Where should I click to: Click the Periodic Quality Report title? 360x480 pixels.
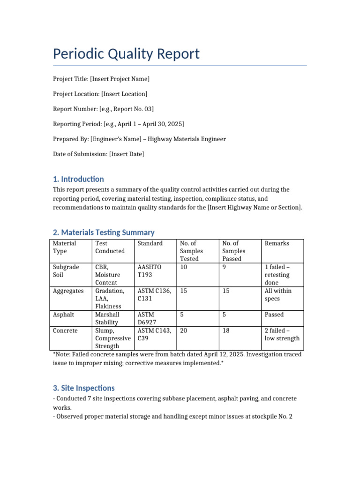[x=126, y=54]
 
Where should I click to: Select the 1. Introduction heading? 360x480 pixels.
[x=78, y=179]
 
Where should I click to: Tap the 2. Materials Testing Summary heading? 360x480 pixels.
[x=104, y=232]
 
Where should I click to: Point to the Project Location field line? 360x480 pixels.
[x=100, y=94]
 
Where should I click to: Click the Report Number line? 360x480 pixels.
[x=103, y=109]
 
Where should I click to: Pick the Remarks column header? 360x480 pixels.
[x=277, y=243]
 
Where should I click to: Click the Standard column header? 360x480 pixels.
[x=150, y=243]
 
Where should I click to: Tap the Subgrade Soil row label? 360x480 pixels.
[x=66, y=271]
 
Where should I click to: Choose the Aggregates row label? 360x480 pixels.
[x=68, y=291]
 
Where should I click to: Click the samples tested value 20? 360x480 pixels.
[x=184, y=331]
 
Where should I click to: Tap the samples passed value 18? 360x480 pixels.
[x=226, y=331]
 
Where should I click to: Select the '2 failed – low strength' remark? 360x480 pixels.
[x=282, y=335]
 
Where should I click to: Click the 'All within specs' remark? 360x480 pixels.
[x=278, y=295]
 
